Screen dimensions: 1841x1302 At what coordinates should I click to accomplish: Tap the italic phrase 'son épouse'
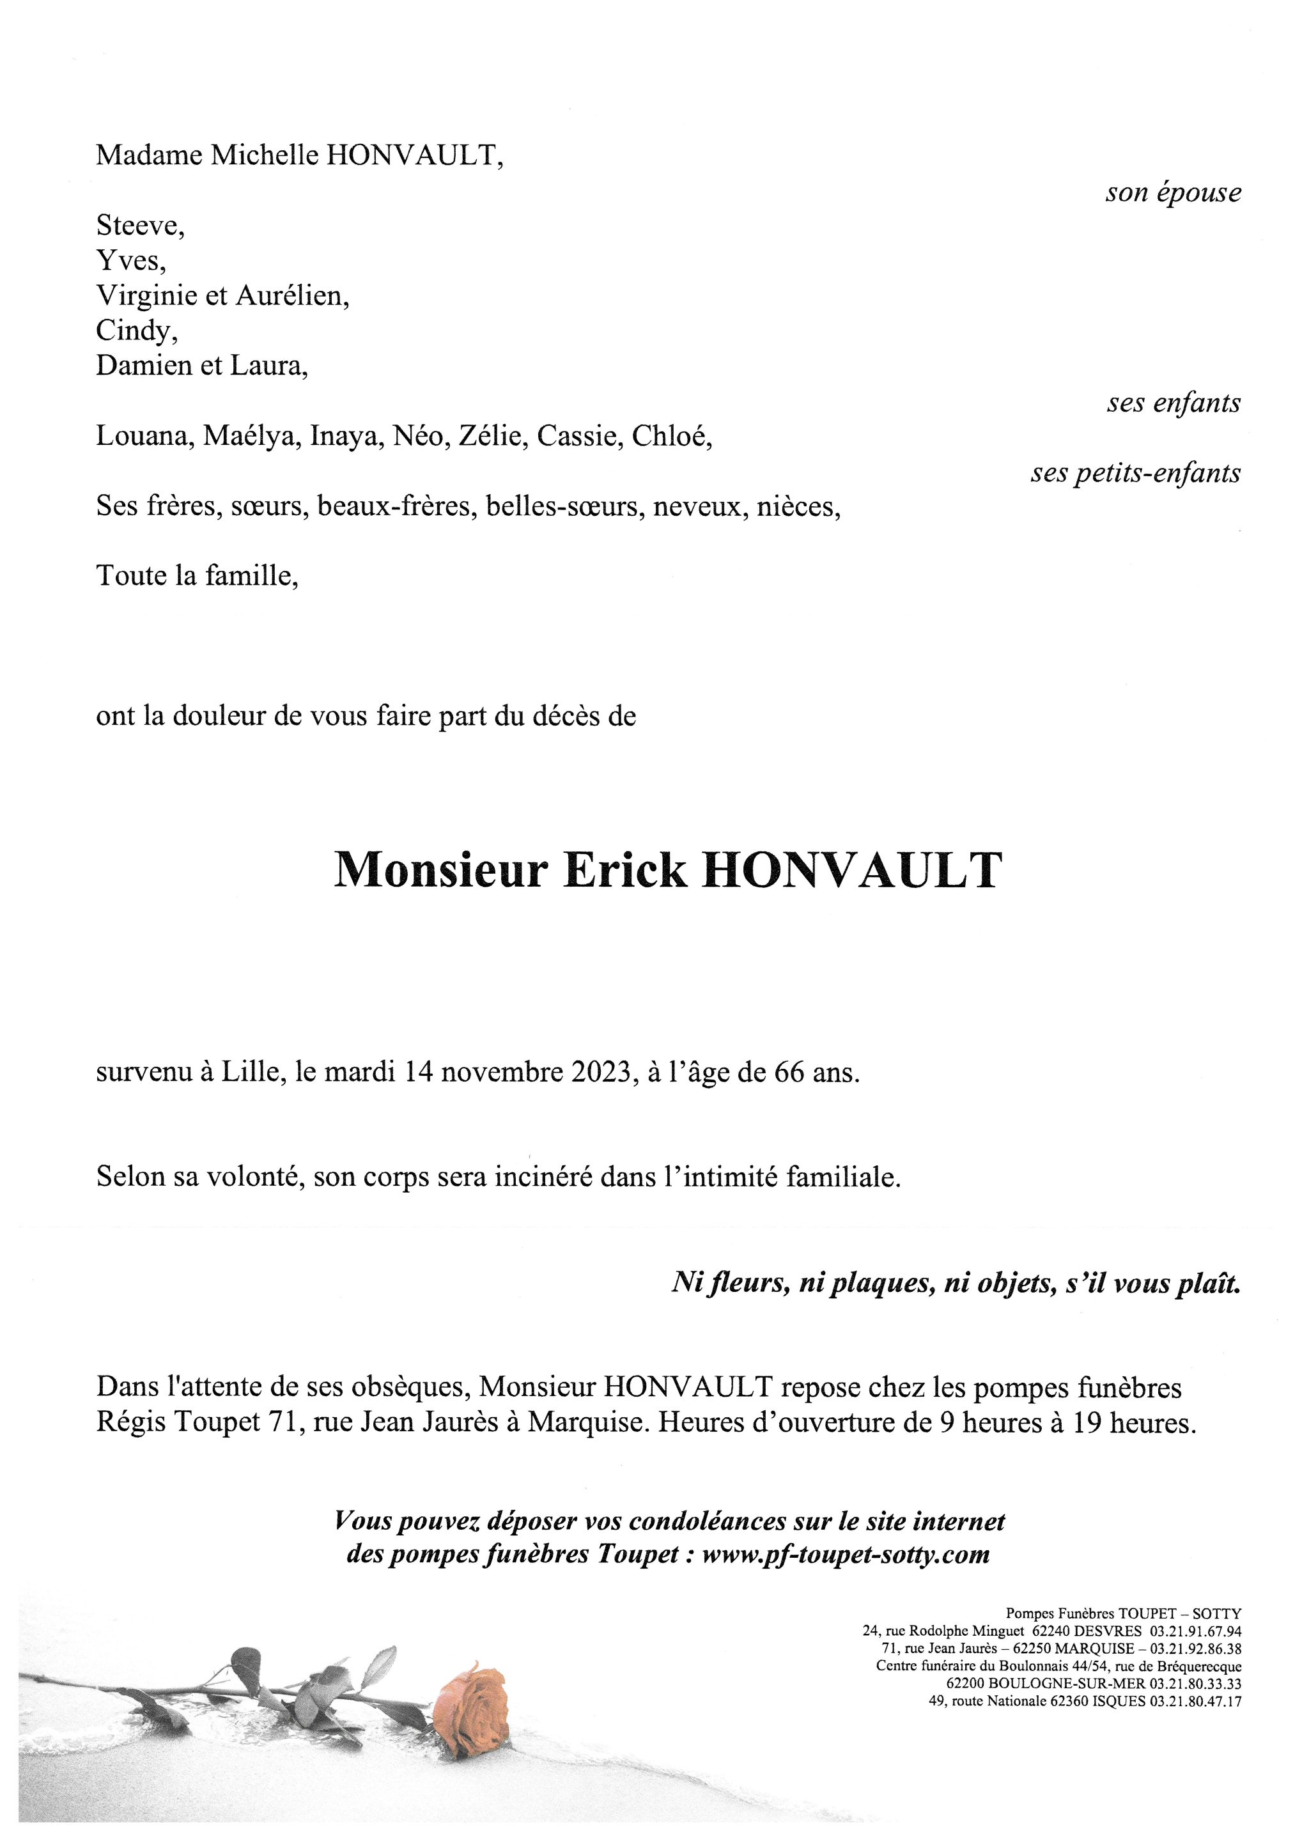click(x=1173, y=193)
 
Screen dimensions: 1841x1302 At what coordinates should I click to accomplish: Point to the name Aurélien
click(x=292, y=296)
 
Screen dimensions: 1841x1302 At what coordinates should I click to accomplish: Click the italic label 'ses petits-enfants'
click(x=1135, y=473)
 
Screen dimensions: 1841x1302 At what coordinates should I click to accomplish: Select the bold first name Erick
click(x=624, y=870)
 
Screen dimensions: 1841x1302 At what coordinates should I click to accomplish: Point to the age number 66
click(x=789, y=1072)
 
